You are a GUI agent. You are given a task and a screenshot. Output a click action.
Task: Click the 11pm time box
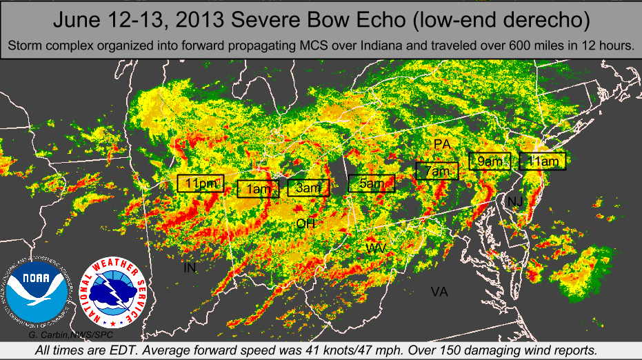[x=201, y=183]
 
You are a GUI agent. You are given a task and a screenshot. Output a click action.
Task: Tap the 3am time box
[x=308, y=188]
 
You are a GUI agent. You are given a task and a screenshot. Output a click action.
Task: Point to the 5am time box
[x=372, y=183]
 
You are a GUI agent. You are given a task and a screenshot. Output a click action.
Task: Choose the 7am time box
[x=437, y=170]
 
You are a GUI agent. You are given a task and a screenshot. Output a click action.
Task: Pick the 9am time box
[x=490, y=161]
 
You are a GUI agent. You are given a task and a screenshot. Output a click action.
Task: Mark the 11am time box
[x=542, y=161]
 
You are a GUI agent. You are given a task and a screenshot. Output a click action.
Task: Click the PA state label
[x=442, y=143]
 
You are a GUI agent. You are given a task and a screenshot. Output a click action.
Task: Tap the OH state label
[x=305, y=223]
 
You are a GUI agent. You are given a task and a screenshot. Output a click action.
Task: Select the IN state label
[x=190, y=268]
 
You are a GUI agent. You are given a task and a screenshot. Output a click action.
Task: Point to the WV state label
[x=377, y=248]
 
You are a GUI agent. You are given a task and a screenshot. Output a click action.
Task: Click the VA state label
[x=439, y=292]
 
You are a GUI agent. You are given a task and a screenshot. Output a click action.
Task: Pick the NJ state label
[x=515, y=201]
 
